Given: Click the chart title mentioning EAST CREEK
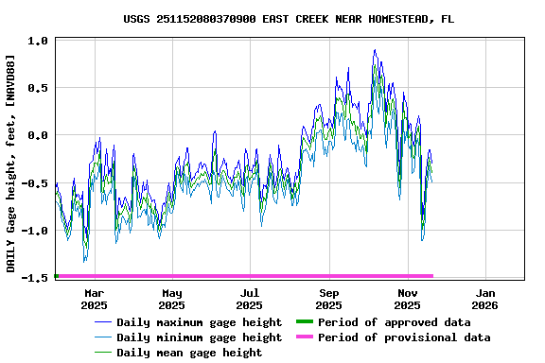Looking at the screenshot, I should click(288, 19).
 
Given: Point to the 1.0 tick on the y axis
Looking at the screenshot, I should click(39, 41).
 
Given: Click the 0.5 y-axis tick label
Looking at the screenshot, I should click(39, 88).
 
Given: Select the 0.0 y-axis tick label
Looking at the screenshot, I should click(39, 135).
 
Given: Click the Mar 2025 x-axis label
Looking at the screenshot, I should click(94, 300).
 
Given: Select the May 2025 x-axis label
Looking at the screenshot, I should click(171, 300).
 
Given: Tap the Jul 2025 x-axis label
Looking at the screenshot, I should click(250, 300).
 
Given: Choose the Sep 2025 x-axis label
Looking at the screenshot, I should click(328, 300).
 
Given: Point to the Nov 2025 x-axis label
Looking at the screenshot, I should click(407, 300).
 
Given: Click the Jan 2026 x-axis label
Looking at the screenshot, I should click(484, 300).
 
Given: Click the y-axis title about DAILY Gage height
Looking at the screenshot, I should click(10, 164).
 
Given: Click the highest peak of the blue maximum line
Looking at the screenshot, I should click(375, 50).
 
